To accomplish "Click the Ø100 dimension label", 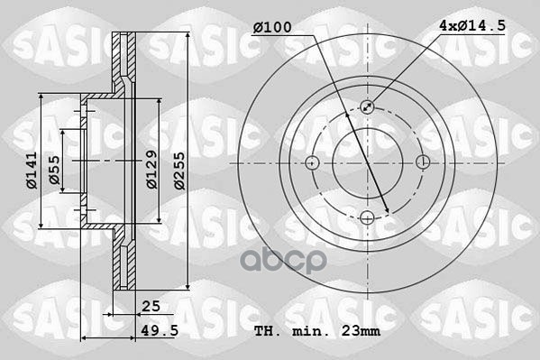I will pos(272,28).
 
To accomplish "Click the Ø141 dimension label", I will pos(32,168).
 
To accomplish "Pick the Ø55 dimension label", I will pos(55,168).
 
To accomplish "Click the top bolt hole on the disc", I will pos(368,107).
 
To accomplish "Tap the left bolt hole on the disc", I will pos(313,162).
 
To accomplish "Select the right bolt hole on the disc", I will pos(423,162).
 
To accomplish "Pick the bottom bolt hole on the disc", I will pos(368,217).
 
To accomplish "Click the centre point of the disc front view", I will pos(368,162).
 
